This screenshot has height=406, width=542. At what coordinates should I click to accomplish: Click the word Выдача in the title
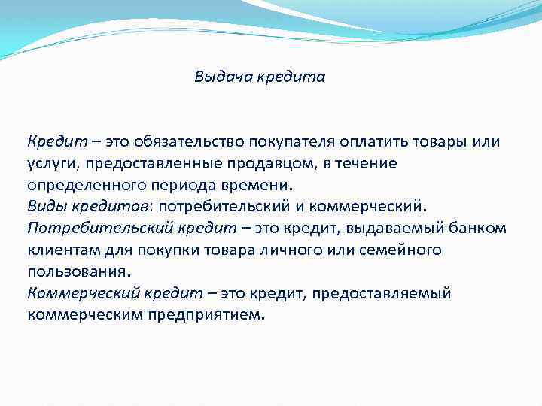tap(217, 77)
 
